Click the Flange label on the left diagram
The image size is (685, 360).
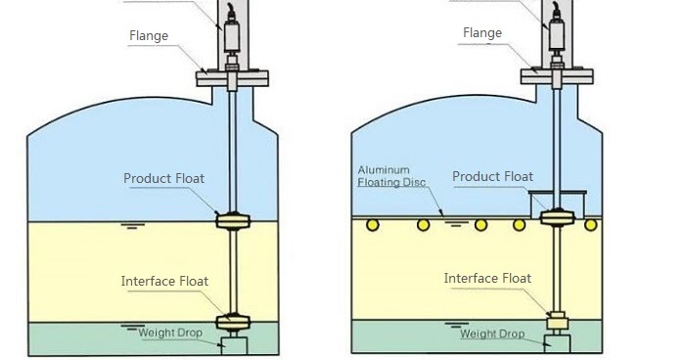click(149, 36)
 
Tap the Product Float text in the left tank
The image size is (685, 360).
click(163, 179)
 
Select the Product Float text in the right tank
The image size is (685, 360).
click(492, 177)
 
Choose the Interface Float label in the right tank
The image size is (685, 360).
click(487, 279)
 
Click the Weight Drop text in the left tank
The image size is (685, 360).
click(169, 333)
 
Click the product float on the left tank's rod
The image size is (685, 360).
click(234, 221)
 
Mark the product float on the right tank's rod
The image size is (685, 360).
click(557, 217)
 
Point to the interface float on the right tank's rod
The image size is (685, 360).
click(557, 319)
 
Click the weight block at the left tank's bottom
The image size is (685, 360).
click(234, 343)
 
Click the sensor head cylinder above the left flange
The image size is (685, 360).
click(233, 37)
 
